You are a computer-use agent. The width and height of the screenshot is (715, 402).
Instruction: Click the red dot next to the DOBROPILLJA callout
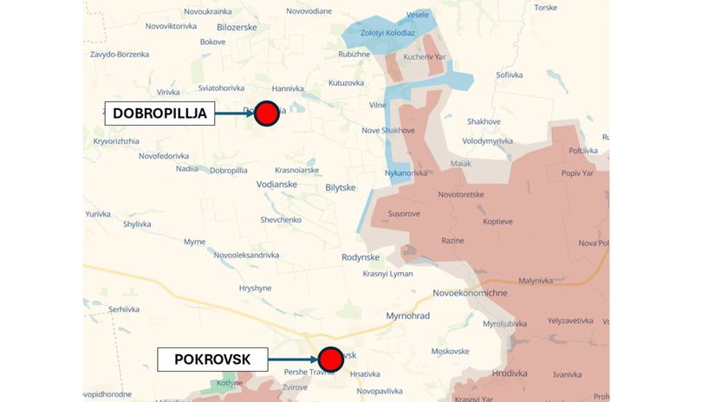tap(266, 113)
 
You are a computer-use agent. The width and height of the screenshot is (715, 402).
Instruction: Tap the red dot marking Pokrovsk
tap(330, 359)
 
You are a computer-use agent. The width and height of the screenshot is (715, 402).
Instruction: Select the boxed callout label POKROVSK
tap(212, 359)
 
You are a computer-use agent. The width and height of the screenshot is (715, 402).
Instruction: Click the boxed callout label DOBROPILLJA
tap(159, 113)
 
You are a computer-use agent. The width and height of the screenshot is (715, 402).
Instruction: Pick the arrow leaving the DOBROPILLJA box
tap(234, 113)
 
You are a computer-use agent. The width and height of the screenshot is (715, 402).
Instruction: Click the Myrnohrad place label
tap(407, 315)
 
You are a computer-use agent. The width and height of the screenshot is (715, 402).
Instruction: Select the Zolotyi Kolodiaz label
tap(387, 33)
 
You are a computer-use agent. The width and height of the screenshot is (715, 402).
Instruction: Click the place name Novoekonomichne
tap(470, 293)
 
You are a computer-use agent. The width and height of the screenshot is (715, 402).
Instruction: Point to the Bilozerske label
tap(237, 27)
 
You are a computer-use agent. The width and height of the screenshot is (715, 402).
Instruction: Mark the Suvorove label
tap(404, 213)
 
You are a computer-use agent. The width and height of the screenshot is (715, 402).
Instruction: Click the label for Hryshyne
tap(255, 288)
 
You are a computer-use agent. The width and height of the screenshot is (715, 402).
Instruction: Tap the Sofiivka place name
tap(510, 75)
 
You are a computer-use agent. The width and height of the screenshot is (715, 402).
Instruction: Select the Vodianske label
tap(276, 184)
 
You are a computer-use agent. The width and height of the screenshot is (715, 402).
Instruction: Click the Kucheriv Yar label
tap(424, 56)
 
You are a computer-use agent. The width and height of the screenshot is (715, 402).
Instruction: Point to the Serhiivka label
tap(124, 309)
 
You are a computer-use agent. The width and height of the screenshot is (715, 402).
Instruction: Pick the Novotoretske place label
tap(460, 194)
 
